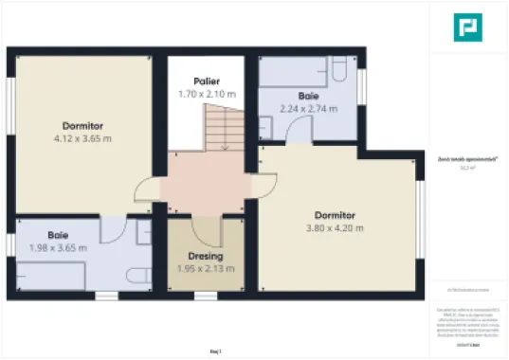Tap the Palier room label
click(x=207, y=81)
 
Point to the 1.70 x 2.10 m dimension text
click(x=207, y=94)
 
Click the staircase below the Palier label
click(x=224, y=127)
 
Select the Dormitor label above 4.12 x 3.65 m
click(x=82, y=126)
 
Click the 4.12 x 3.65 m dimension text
click(x=82, y=138)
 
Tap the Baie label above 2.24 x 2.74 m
click(x=308, y=97)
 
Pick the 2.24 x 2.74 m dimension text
click(x=308, y=109)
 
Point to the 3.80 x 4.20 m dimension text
click(x=335, y=227)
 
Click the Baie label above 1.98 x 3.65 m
click(x=58, y=235)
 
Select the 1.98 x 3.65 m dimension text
click(x=58, y=247)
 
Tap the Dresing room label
click(x=206, y=257)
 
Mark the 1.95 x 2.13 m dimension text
click(x=206, y=269)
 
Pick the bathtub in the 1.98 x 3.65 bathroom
click(x=52, y=275)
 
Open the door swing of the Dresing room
click(x=206, y=230)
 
